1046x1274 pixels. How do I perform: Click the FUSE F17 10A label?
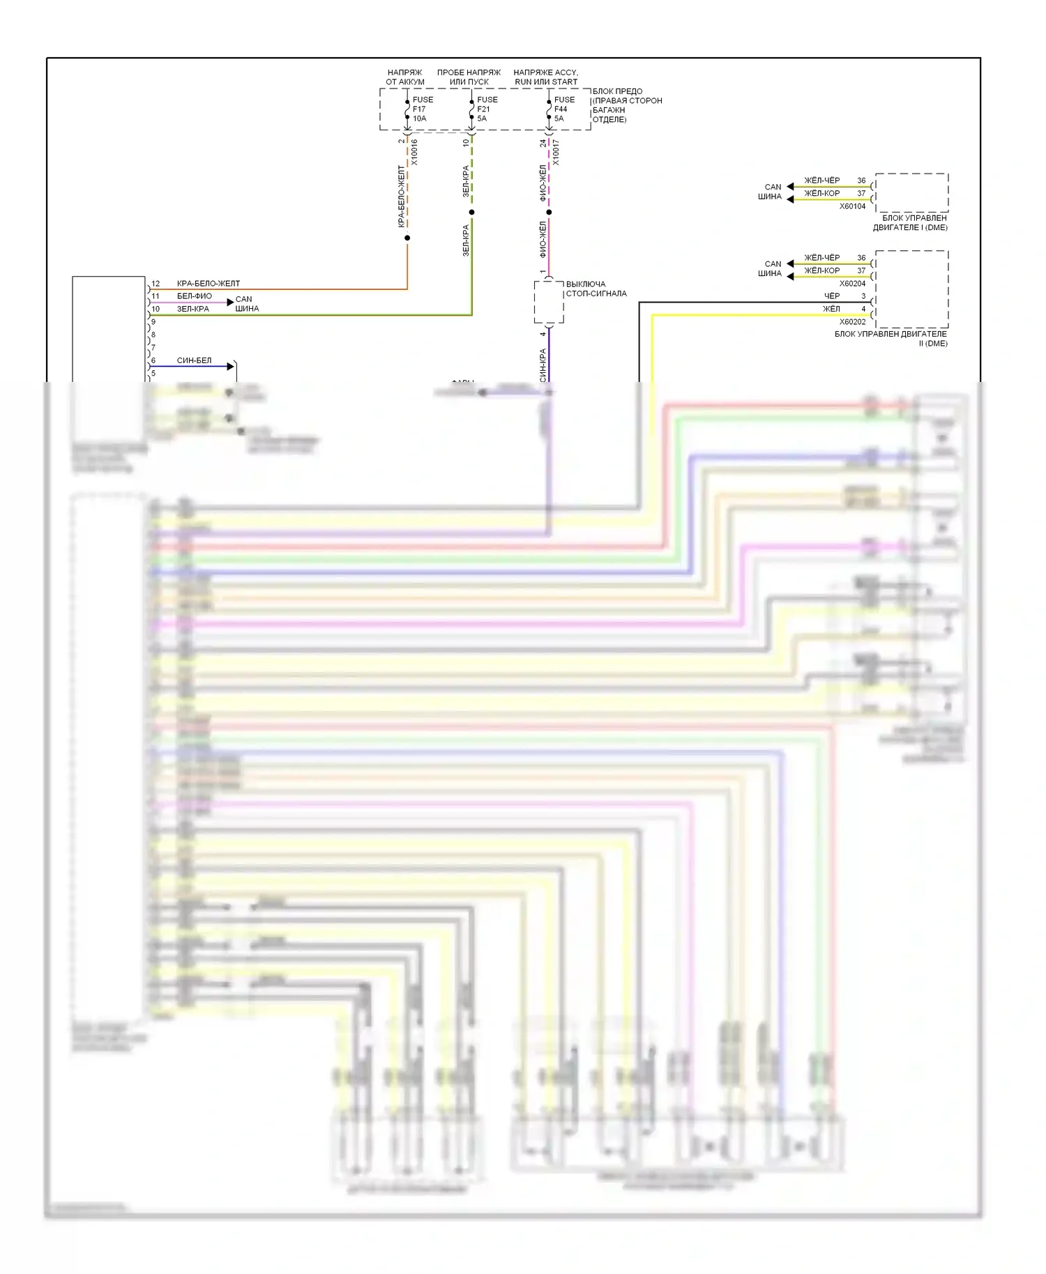tap(422, 109)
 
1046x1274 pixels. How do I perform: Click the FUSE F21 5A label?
tap(487, 109)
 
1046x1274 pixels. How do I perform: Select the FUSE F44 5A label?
tap(563, 109)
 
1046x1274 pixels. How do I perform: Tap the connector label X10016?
tap(414, 153)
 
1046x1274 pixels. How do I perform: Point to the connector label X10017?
tap(556, 153)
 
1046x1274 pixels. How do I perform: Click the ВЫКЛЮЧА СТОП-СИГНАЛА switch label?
tap(596, 289)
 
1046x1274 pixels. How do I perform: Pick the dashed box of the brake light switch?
tap(549, 302)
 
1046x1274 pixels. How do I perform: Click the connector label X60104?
tap(852, 206)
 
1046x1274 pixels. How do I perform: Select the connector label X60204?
tap(852, 284)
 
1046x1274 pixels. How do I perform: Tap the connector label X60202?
tap(852, 322)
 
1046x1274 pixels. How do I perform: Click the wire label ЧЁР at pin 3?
tap(832, 296)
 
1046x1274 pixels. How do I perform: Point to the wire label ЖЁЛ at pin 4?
tap(831, 309)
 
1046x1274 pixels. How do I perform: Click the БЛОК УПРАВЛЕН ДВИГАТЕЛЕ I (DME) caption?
tap(910, 223)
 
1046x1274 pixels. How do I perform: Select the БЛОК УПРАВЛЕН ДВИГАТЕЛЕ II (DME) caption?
tap(890, 339)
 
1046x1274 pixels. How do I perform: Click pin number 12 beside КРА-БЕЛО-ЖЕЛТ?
tap(156, 284)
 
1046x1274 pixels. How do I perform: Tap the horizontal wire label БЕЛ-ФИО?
tap(194, 296)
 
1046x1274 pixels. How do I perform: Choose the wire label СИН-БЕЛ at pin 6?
tap(194, 360)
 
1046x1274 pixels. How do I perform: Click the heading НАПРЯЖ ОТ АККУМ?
tap(405, 77)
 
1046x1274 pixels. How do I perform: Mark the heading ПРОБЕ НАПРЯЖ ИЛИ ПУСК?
tap(469, 77)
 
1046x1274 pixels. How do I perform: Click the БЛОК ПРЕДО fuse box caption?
tap(626, 105)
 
